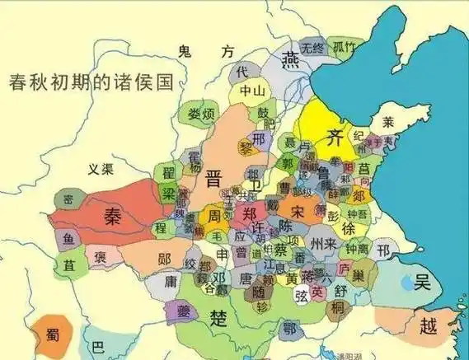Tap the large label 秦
click(113, 216)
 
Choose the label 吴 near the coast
click(422, 283)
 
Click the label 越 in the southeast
click(428, 325)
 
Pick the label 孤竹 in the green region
click(344, 47)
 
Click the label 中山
click(251, 91)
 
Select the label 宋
click(298, 211)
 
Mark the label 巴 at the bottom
click(98, 346)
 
